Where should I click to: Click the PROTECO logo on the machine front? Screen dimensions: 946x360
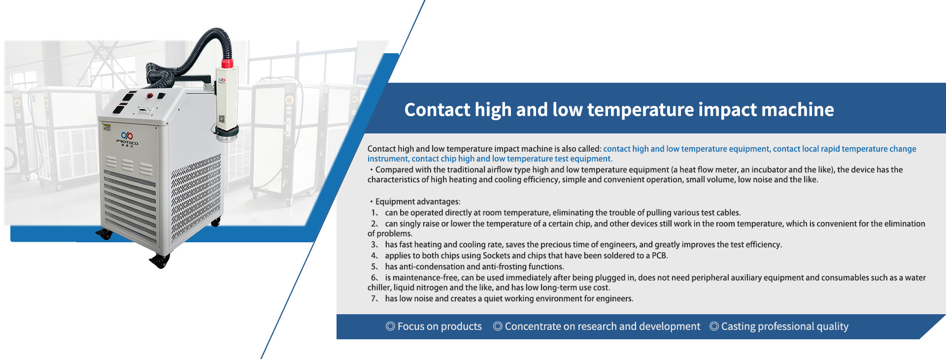[127, 139]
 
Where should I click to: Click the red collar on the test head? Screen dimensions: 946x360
[227, 63]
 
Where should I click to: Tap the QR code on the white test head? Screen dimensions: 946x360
[221, 119]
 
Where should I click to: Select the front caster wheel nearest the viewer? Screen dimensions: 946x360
[160, 262]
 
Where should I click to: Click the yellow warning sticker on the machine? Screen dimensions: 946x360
[106, 128]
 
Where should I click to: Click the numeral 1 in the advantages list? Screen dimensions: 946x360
[373, 213]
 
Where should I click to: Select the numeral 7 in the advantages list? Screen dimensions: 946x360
[373, 298]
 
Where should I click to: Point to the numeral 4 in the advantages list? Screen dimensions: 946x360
[373, 256]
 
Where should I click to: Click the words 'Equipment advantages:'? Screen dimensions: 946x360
[418, 202]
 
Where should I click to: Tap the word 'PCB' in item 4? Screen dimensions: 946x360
[659, 256]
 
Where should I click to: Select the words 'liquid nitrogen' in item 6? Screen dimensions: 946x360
[420, 288]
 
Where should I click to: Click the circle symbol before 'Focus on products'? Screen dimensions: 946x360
[390, 326]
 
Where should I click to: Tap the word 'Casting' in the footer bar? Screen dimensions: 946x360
[738, 327]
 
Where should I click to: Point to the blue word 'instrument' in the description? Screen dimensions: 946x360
[387, 159]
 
